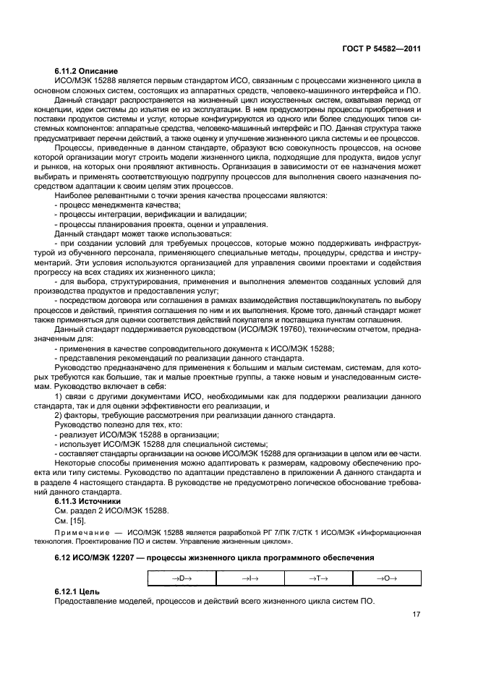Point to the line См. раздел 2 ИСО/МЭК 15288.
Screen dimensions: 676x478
click(x=103, y=510)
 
